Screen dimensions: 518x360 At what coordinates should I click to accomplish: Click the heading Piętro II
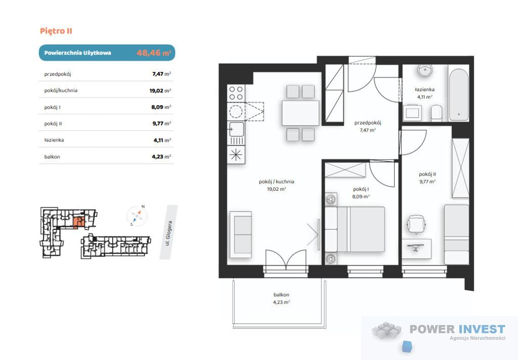pyautogui.click(x=56, y=31)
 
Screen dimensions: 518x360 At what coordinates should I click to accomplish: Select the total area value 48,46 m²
pyautogui.click(x=154, y=53)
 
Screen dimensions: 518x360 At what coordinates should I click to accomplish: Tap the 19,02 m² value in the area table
pyautogui.click(x=160, y=91)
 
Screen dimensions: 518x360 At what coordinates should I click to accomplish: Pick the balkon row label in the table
pyautogui.click(x=52, y=157)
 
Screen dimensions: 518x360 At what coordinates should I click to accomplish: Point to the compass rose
pyautogui.click(x=137, y=216)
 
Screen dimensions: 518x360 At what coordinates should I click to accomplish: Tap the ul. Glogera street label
pyautogui.click(x=168, y=233)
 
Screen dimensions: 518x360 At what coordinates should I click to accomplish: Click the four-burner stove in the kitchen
pyautogui.click(x=236, y=93)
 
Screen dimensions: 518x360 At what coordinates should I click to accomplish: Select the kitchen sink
pyautogui.click(x=236, y=129)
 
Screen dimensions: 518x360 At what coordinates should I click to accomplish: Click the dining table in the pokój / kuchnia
pyautogui.click(x=300, y=113)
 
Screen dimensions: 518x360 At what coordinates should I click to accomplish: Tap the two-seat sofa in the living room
pyautogui.click(x=240, y=235)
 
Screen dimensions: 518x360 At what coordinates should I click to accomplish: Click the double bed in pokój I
pyautogui.click(x=355, y=229)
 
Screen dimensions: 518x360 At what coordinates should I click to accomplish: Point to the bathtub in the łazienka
pyautogui.click(x=458, y=95)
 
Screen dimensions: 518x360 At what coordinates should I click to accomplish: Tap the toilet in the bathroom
pyautogui.click(x=437, y=113)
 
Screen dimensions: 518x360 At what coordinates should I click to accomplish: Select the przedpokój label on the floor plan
pyautogui.click(x=368, y=122)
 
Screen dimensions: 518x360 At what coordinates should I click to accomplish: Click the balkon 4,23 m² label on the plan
pyautogui.click(x=281, y=298)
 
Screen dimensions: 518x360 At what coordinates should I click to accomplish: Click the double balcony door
pyautogui.click(x=286, y=259)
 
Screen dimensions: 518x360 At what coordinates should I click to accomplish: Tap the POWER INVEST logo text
pyautogui.click(x=457, y=329)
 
